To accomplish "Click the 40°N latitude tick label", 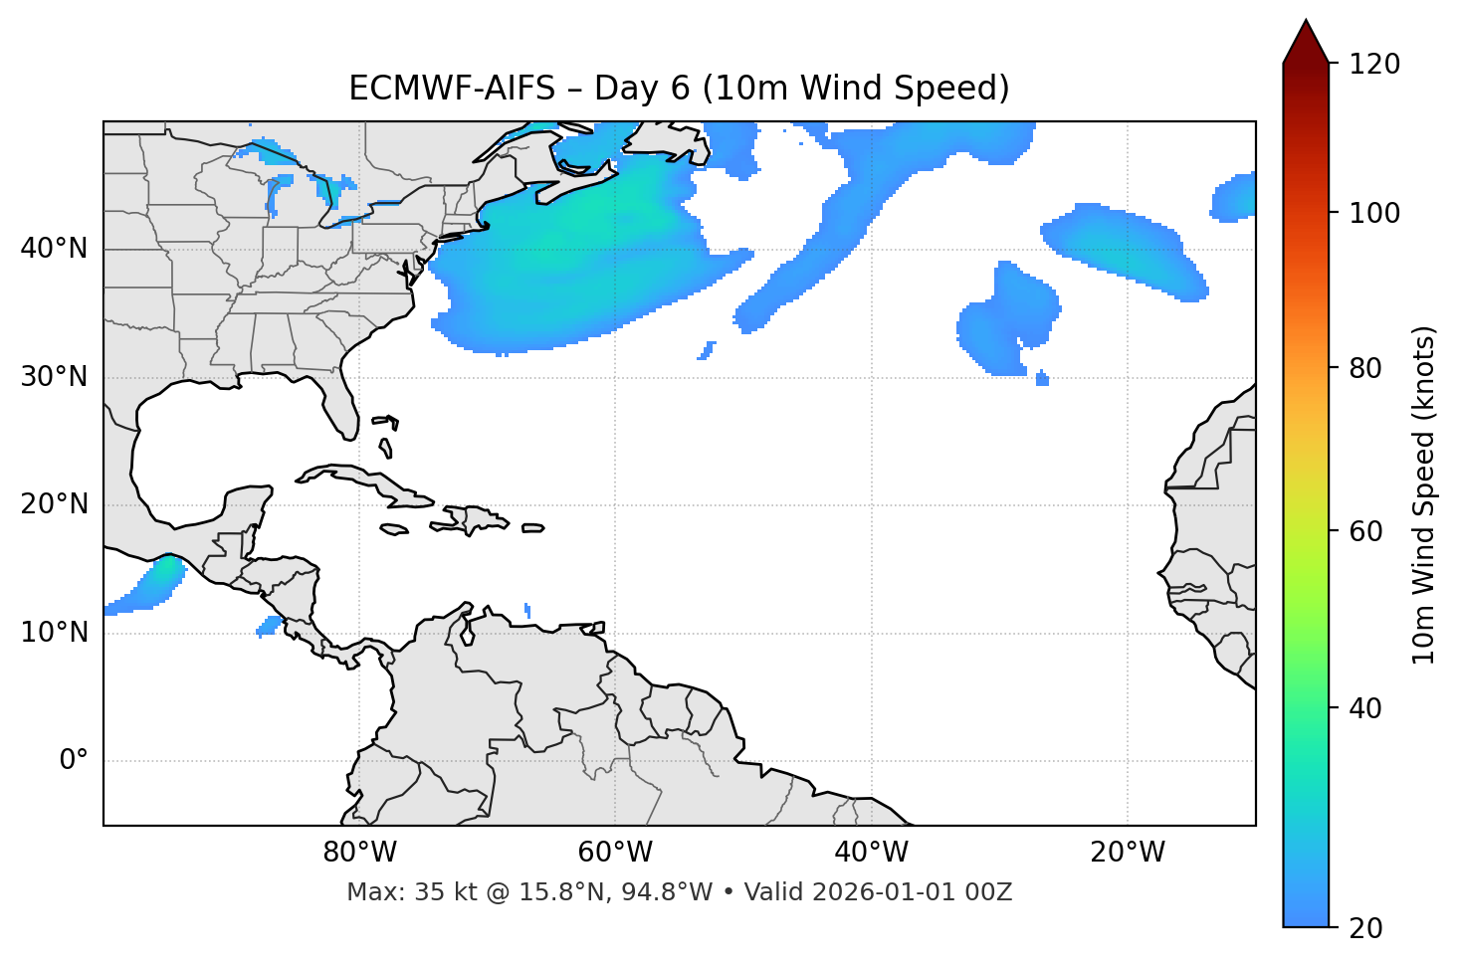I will [54, 249].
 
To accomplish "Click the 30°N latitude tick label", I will [54, 377].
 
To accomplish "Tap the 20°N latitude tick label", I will [54, 504].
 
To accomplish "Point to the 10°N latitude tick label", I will [54, 633].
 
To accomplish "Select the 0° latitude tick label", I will [74, 761].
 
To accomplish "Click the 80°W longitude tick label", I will [359, 853].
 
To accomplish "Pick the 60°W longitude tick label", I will [615, 853].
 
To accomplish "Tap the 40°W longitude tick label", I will [871, 853].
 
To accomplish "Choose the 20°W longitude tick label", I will [1128, 853].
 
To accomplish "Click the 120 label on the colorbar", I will [1374, 65].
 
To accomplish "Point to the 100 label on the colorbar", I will [1374, 213].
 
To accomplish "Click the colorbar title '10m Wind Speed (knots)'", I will [1424, 494].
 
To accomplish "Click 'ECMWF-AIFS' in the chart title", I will [452, 89].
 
